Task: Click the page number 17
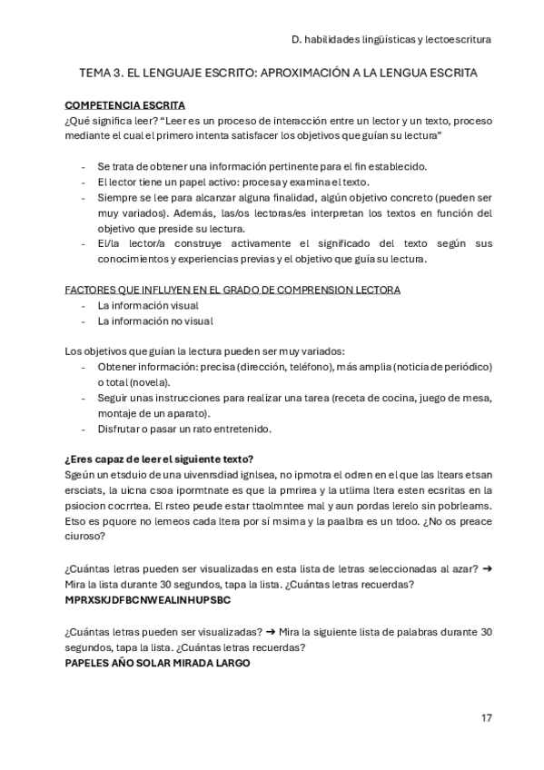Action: click(487, 717)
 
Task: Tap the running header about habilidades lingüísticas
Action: click(391, 39)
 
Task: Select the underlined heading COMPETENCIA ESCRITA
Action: click(124, 105)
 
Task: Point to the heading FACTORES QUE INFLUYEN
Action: click(232, 290)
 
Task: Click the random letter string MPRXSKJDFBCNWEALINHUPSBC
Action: click(148, 600)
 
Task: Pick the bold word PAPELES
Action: click(89, 663)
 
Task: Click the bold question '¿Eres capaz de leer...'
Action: click(159, 458)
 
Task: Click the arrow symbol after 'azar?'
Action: click(487, 568)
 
